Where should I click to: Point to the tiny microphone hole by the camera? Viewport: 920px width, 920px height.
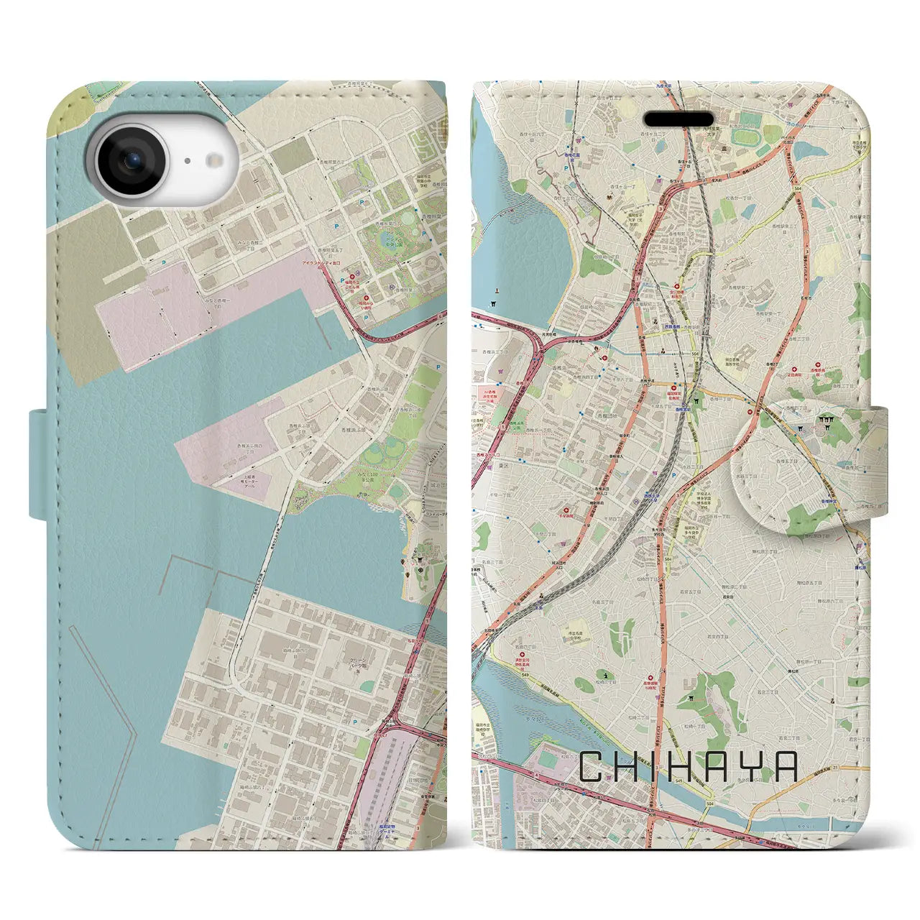(x=185, y=161)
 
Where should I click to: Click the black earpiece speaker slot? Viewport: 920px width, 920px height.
(x=678, y=119)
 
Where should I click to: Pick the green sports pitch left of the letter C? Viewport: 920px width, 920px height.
(x=547, y=758)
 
